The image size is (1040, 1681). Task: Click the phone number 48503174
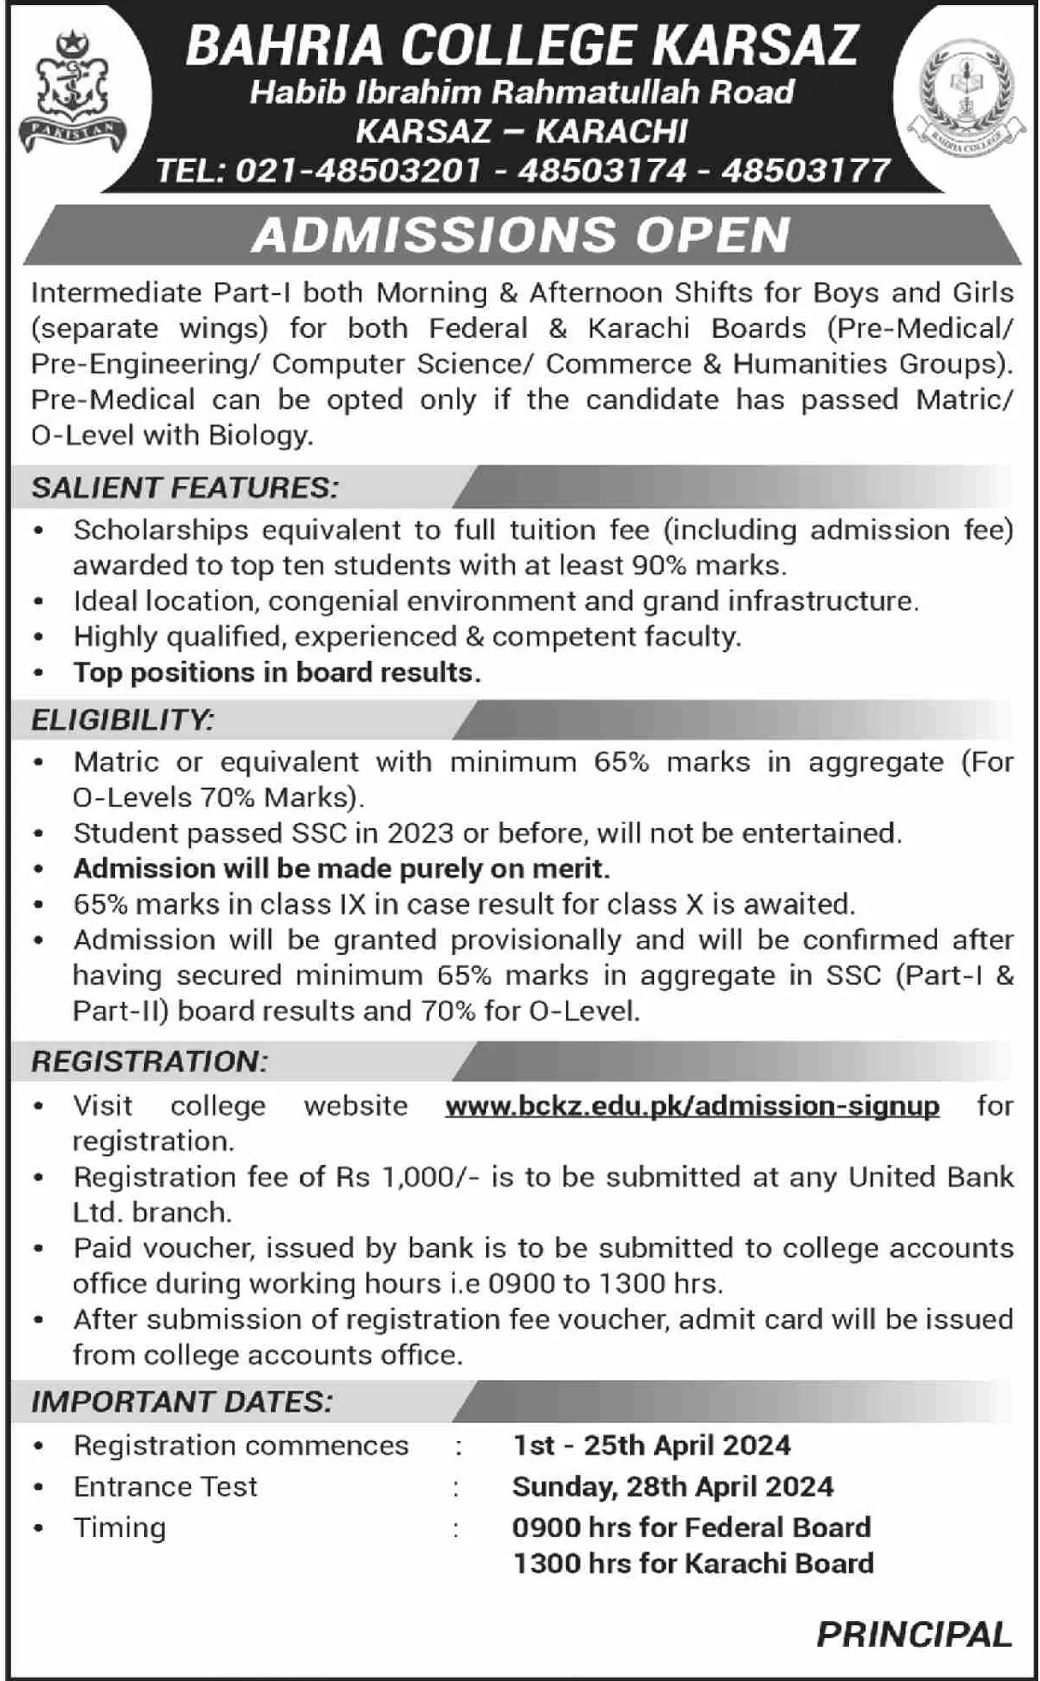click(602, 171)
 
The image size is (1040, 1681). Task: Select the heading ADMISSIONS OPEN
click(520, 235)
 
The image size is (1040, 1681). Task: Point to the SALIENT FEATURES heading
click(185, 488)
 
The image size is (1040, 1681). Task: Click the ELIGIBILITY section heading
click(123, 719)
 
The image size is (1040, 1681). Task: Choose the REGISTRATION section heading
click(150, 1061)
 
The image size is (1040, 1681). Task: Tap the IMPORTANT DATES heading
click(182, 1402)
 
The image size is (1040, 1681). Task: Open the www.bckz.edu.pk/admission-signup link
click(692, 1106)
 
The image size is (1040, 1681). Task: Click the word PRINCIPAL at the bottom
click(914, 1635)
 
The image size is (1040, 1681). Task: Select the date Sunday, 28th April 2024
click(672, 1486)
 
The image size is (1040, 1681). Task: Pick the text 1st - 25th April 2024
click(652, 1445)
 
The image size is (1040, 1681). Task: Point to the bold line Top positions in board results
click(277, 672)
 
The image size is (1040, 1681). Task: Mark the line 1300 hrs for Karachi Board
click(693, 1563)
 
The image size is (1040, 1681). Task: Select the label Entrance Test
click(165, 1486)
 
